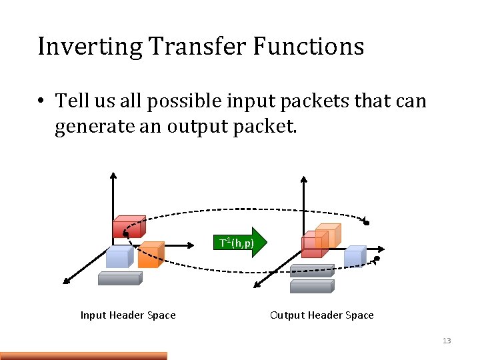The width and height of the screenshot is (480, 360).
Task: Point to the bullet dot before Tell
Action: pos(41,101)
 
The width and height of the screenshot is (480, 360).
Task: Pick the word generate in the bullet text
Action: pos(99,127)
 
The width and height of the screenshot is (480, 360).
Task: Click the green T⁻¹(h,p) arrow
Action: pos(243,243)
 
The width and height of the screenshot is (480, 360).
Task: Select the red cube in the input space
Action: pos(128,227)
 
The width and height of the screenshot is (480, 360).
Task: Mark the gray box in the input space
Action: pos(119,278)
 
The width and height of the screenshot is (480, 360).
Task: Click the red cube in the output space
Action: pos(312,245)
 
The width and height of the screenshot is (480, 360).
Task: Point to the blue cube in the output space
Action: pos(355,256)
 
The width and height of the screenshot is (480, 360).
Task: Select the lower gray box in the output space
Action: pos(311,286)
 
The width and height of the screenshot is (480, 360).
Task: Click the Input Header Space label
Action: pos(128,315)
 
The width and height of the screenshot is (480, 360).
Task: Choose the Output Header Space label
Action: pos(321,315)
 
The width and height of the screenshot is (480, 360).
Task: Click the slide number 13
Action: pos(447,341)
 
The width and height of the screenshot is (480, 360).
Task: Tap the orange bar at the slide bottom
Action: pos(83,355)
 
